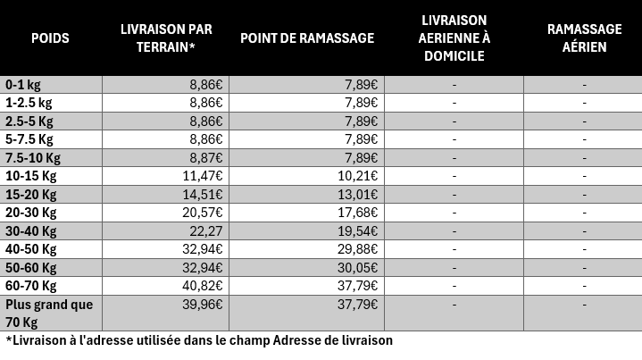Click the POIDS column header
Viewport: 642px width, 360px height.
coord(50,38)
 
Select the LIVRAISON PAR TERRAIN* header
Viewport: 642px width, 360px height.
coord(166,38)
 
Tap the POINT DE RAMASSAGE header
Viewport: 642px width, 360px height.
coord(307,38)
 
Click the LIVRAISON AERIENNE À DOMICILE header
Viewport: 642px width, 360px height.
coord(454,38)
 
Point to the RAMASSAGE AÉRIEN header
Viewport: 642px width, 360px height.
coord(584,38)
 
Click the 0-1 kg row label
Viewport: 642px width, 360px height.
coord(23,85)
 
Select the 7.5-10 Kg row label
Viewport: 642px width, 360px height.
coord(33,158)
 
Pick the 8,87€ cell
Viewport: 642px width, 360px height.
coord(206,158)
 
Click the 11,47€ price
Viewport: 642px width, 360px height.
coord(203,176)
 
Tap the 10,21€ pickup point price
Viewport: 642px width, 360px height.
coord(357,176)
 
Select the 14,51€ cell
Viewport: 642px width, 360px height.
coord(203,195)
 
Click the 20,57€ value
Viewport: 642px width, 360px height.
coord(203,213)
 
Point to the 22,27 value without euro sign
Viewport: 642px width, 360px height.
coord(206,231)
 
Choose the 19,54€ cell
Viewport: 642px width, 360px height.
coord(357,231)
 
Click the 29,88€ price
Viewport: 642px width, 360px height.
coord(357,249)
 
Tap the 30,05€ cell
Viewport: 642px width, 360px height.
coord(357,267)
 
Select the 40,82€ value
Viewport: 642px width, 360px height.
coord(203,286)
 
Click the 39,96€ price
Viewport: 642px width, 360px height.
coord(203,305)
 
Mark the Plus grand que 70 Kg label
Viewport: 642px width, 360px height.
coord(49,314)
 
